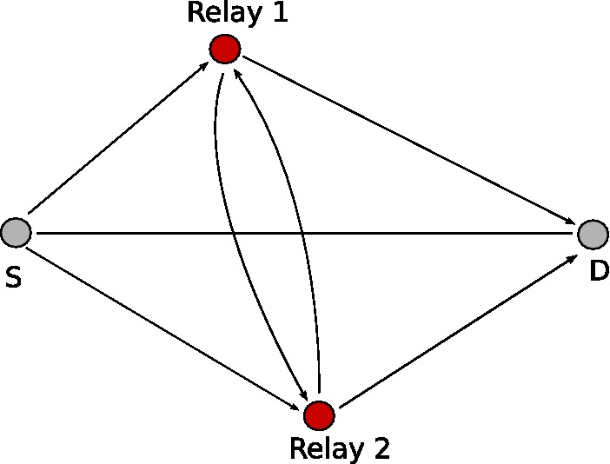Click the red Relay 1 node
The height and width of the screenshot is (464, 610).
coord(224,49)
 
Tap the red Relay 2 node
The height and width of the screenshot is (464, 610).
coord(320,414)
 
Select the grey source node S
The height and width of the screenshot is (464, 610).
coord(16,232)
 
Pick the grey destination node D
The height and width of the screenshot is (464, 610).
coord(592,234)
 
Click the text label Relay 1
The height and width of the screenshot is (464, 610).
coord(237,14)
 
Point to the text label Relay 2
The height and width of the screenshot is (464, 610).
coord(340,448)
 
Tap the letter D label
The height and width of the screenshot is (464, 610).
coord(599,271)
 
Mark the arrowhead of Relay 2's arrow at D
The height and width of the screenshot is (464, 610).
coord(571,257)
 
